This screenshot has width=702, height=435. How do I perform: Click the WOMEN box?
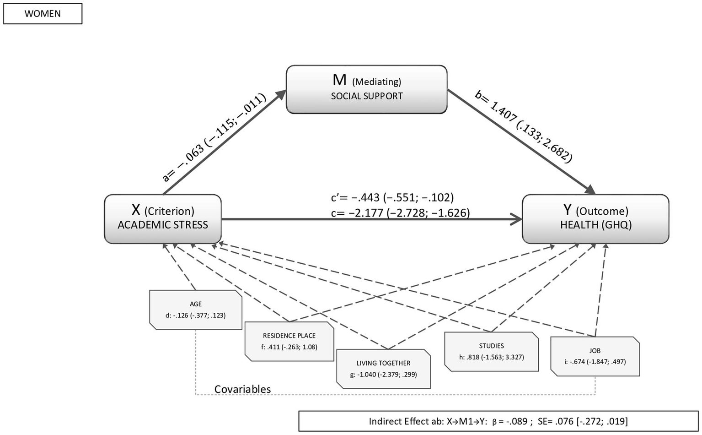(x=43, y=14)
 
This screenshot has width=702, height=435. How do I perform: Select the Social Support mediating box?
(x=366, y=89)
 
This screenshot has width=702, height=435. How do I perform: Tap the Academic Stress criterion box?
(x=163, y=219)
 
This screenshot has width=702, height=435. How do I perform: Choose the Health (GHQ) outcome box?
(x=595, y=219)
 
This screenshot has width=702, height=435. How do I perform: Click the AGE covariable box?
(x=196, y=310)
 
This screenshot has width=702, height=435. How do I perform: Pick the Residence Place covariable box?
(x=289, y=341)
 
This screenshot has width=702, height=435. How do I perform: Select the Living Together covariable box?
(x=383, y=369)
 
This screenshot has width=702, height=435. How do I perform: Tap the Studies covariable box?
(x=491, y=351)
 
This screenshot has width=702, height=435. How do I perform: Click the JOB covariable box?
(x=595, y=356)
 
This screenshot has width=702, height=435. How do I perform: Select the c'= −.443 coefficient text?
(x=392, y=197)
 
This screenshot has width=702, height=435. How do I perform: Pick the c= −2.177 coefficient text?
(x=400, y=213)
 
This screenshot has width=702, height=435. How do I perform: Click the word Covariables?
(x=242, y=389)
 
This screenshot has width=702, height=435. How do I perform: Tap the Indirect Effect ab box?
(x=498, y=421)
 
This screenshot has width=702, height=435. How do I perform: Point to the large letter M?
(x=340, y=80)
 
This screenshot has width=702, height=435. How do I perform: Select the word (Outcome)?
(x=602, y=211)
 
